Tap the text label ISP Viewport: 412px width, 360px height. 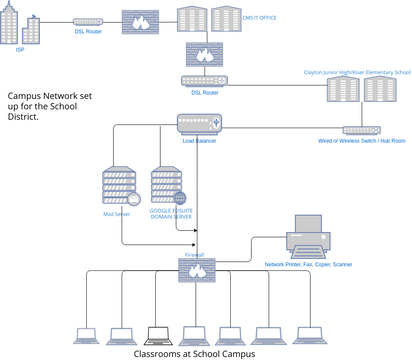click(20, 49)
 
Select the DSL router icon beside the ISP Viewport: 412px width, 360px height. click(88, 21)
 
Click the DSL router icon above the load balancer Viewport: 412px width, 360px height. click(205, 80)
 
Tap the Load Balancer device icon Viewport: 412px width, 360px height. click(198, 124)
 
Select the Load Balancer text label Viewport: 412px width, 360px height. click(198, 141)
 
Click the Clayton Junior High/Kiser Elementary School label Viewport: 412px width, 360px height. click(356, 72)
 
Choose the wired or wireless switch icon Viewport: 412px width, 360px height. click(360, 130)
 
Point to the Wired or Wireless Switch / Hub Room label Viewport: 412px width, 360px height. click(362, 142)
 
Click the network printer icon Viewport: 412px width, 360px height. click(306, 237)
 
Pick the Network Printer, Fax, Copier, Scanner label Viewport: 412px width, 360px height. click(308, 264)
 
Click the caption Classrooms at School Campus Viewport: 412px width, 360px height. click(194, 353)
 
